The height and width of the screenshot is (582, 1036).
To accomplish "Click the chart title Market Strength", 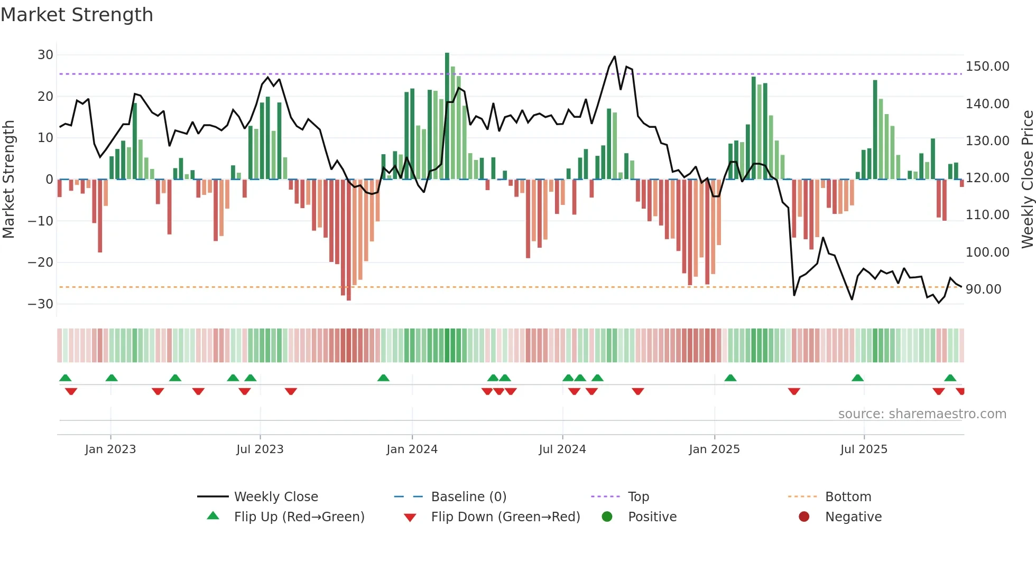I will (x=77, y=15).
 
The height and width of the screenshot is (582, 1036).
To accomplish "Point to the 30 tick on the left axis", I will (x=45, y=55).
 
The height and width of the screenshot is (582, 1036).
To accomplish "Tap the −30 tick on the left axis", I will (x=41, y=304).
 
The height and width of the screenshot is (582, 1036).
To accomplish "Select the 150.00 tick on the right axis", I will (x=987, y=67).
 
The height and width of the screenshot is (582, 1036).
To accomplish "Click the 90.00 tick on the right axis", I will (x=983, y=289).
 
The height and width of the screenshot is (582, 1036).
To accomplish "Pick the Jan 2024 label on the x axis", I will (x=412, y=449).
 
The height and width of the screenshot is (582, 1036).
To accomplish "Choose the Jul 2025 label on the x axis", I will (x=864, y=449).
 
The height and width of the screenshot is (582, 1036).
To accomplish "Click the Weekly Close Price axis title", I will (x=1027, y=179).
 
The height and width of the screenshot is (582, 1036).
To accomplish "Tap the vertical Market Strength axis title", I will (x=9, y=179).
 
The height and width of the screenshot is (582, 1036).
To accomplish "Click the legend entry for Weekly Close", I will (x=275, y=497).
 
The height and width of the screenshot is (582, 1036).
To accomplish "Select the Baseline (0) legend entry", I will (x=468, y=497).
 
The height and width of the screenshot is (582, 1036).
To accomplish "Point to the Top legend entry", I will (x=638, y=497).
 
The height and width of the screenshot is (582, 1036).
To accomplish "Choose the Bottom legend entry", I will (x=848, y=497).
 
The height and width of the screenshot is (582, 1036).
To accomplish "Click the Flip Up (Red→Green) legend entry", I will (x=299, y=517).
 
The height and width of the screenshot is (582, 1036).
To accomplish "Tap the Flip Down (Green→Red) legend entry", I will (x=505, y=517).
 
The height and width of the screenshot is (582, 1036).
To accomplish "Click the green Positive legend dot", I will (x=607, y=517).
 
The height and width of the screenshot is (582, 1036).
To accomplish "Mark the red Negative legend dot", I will (x=804, y=517).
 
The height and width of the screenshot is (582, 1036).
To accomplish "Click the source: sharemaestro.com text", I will (x=922, y=414).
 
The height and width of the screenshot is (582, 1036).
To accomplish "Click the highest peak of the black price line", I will (x=614, y=57).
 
